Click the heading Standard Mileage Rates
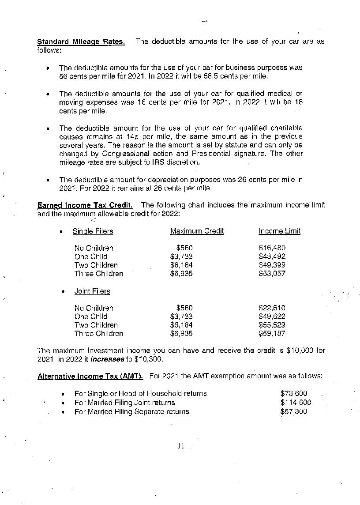point(81,42)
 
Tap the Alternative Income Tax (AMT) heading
point(90,377)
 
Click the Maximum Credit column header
point(197,231)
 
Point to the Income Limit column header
point(279,231)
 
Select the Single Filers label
point(93,231)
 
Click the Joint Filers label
point(92,291)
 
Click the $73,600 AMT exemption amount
point(293,393)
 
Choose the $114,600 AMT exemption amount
point(296,403)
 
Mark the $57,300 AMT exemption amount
point(293,412)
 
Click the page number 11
point(181,446)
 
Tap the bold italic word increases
point(107,359)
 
